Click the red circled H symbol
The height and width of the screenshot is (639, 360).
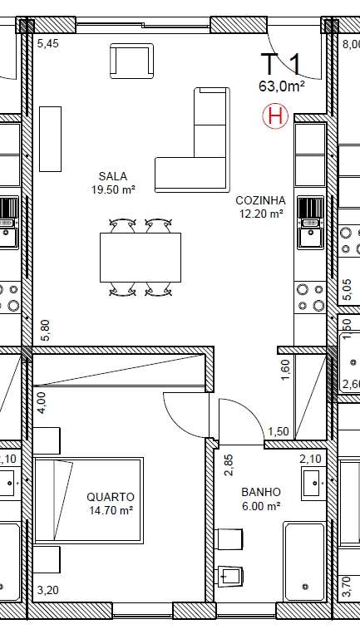[x=274, y=117]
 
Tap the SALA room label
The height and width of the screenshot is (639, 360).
[x=112, y=176]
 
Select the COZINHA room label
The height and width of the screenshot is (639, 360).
[x=260, y=200]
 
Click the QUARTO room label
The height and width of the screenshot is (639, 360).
[x=110, y=497]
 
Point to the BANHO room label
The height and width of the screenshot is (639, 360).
[x=260, y=491]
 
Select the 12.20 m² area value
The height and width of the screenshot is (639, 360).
[x=260, y=213]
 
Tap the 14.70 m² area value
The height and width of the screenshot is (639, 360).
[x=110, y=510]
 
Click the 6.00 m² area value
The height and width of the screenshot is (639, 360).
[x=260, y=504]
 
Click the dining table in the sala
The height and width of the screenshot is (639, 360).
[x=140, y=257]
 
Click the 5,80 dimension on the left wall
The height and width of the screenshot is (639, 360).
[x=46, y=332]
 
